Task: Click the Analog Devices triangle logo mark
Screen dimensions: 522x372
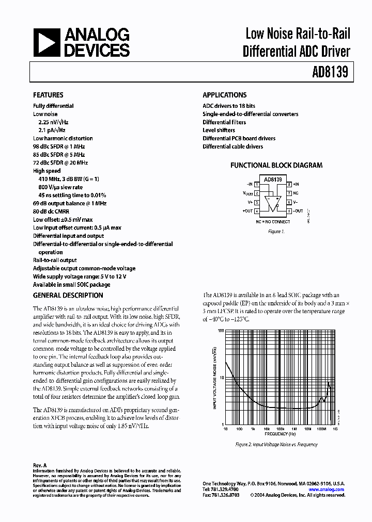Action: pyautogui.click(x=47, y=43)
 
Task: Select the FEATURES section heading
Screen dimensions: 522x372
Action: pyautogui.click(x=48, y=95)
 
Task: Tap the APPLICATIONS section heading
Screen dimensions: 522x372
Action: pyautogui.click(x=224, y=95)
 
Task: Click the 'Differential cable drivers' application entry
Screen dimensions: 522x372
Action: pyautogui.click(x=233, y=146)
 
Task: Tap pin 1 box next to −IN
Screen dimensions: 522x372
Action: pyautogui.click(x=257, y=184)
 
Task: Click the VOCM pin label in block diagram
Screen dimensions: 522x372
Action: pyautogui.click(x=248, y=193)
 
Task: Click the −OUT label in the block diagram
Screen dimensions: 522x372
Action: pyautogui.click(x=298, y=211)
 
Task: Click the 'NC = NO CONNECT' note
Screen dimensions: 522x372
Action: pyautogui.click(x=273, y=221)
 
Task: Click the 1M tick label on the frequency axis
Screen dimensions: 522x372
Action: pyautogui.click(x=293, y=429)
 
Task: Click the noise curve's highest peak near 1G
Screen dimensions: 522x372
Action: pyautogui.click(x=329, y=383)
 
